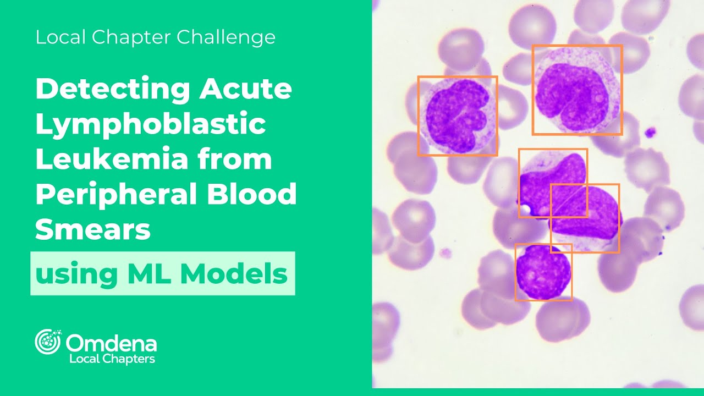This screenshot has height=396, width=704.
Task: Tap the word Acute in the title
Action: (x=245, y=89)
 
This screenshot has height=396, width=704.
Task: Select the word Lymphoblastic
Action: (x=151, y=124)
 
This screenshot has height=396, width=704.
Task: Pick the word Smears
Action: (x=93, y=230)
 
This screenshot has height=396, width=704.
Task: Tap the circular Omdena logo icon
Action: (x=48, y=342)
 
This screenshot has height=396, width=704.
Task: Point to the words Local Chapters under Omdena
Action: (x=112, y=359)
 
